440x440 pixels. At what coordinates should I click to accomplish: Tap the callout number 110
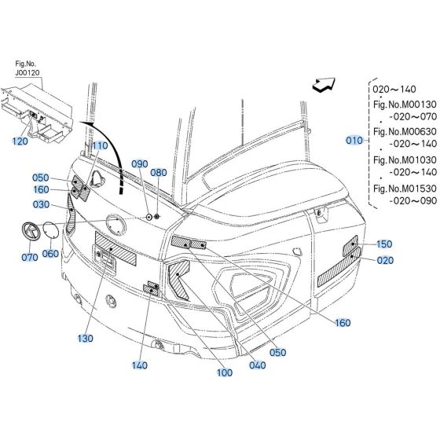click(99, 146)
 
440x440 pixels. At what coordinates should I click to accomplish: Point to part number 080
click(158, 172)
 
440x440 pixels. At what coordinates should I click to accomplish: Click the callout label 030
click(42, 205)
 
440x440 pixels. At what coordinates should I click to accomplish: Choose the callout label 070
click(30, 257)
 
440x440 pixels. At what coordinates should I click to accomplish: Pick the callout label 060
click(49, 253)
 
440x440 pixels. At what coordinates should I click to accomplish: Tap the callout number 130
click(86, 339)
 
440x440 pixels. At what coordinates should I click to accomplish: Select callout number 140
click(141, 365)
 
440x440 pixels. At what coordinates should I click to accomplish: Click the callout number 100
click(225, 372)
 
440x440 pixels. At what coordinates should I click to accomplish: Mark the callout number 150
click(384, 244)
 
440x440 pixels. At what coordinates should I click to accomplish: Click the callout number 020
click(384, 260)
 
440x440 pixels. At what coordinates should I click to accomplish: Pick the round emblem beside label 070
click(29, 233)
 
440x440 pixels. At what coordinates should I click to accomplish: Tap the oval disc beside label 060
click(49, 232)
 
